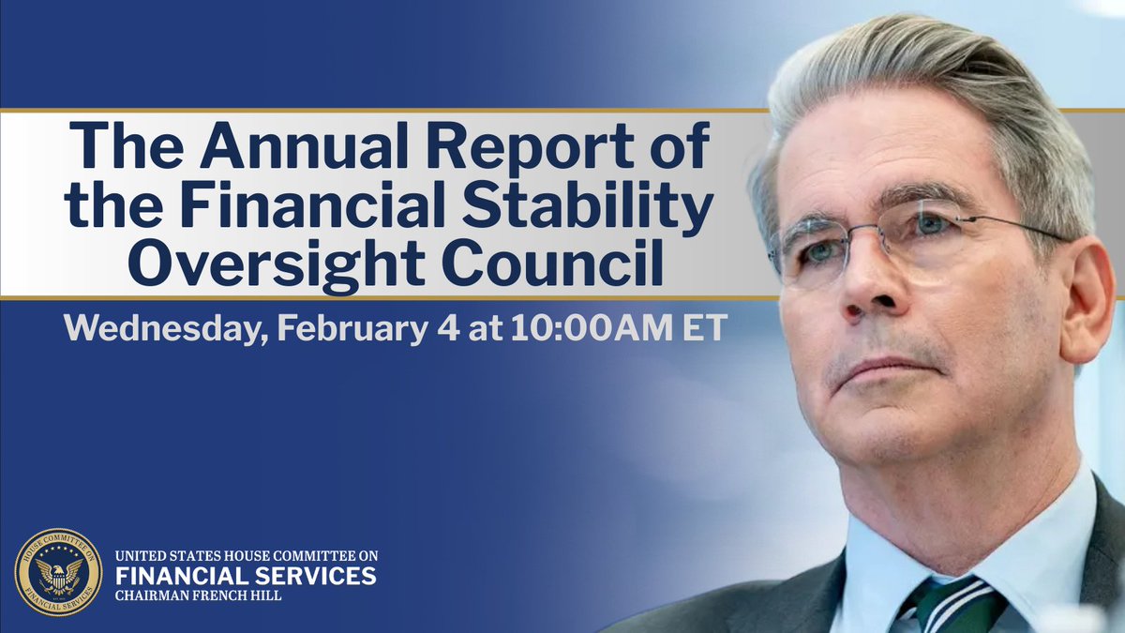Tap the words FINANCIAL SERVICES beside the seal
click(246, 575)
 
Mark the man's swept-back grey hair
click(928, 84)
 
